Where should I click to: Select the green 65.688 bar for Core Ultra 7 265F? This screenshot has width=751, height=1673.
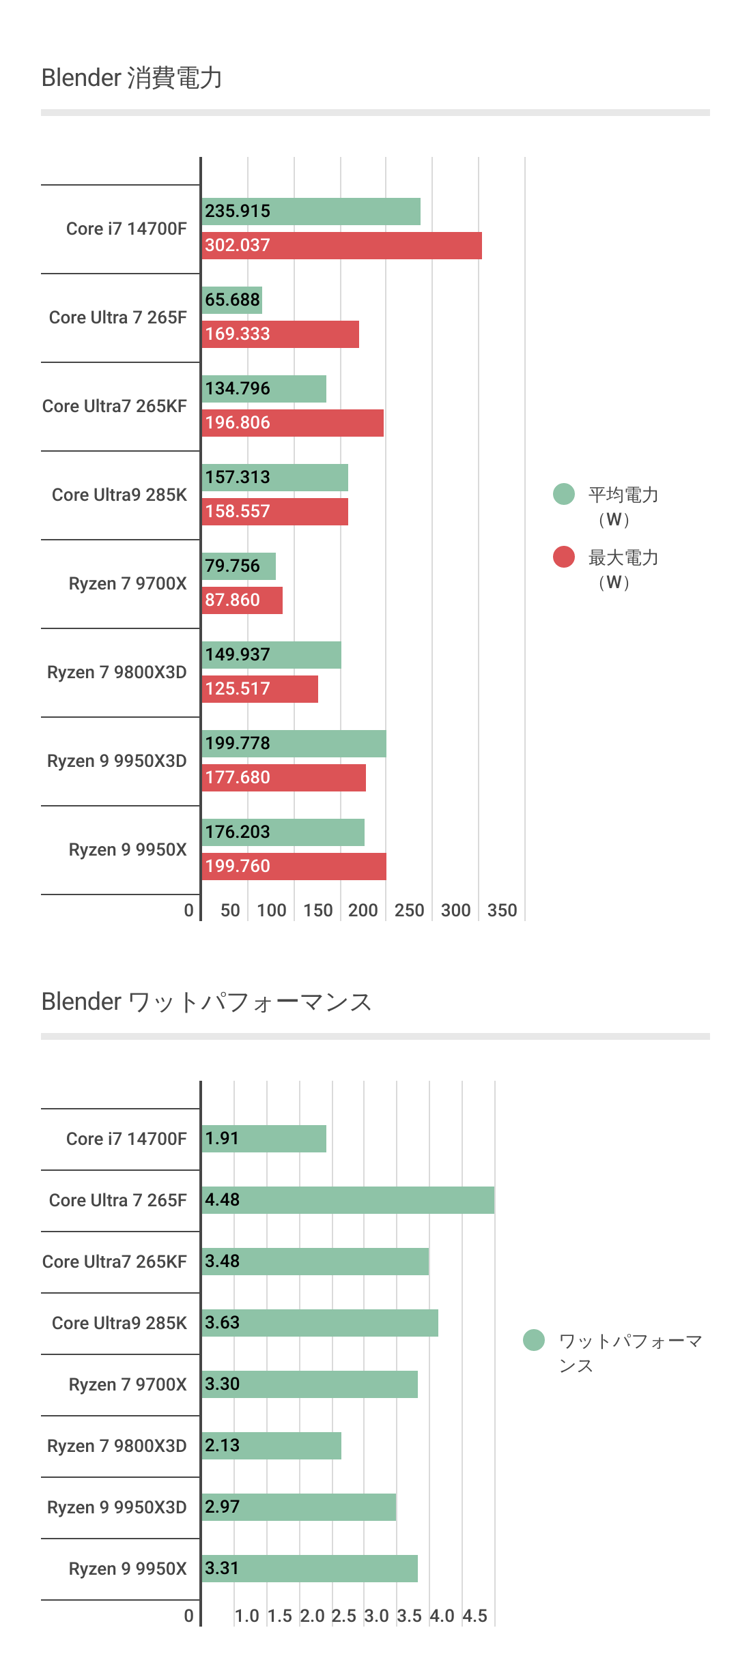(x=232, y=300)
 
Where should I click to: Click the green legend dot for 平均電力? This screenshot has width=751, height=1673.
(x=564, y=494)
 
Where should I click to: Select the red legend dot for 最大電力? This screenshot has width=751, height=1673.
(x=564, y=557)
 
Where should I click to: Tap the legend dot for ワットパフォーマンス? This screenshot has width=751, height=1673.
(x=534, y=1340)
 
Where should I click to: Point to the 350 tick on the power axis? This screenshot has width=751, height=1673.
(x=502, y=910)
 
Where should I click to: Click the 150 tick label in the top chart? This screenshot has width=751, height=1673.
(x=318, y=910)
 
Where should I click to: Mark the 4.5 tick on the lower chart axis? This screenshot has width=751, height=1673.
(x=475, y=1616)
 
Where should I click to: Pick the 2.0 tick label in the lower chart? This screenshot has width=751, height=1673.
(x=312, y=1616)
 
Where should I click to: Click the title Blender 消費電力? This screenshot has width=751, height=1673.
(x=132, y=78)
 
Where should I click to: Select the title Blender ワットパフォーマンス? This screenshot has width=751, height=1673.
(x=206, y=1002)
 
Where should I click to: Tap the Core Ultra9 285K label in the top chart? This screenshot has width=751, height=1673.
(x=119, y=495)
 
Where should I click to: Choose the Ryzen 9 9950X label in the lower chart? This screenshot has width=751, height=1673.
(x=128, y=1569)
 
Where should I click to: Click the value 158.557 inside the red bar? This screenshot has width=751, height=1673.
(x=238, y=511)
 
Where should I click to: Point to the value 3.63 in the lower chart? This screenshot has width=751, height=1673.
(x=223, y=1322)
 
